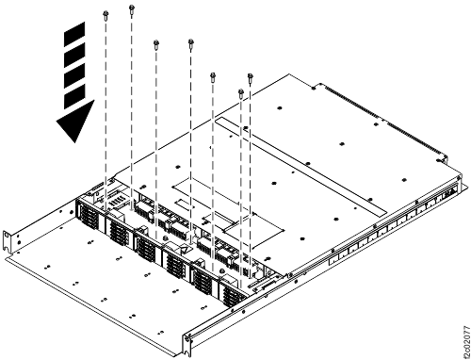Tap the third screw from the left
pos(155,43)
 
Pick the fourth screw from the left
pos(191,42)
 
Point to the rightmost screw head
pos(251,76)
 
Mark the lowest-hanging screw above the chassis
pos(241,93)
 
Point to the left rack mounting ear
pos(9,243)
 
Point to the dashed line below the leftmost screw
pos(106,94)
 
